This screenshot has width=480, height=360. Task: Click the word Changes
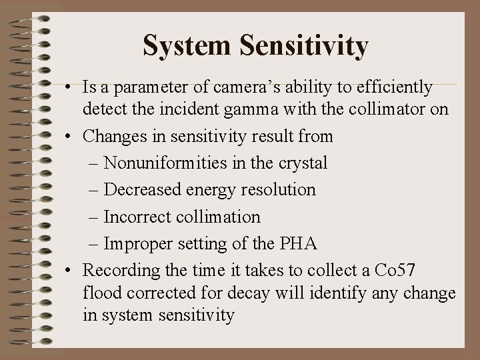pyautogui.click(x=124, y=136)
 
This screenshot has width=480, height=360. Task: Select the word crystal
pyautogui.click(x=305, y=163)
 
